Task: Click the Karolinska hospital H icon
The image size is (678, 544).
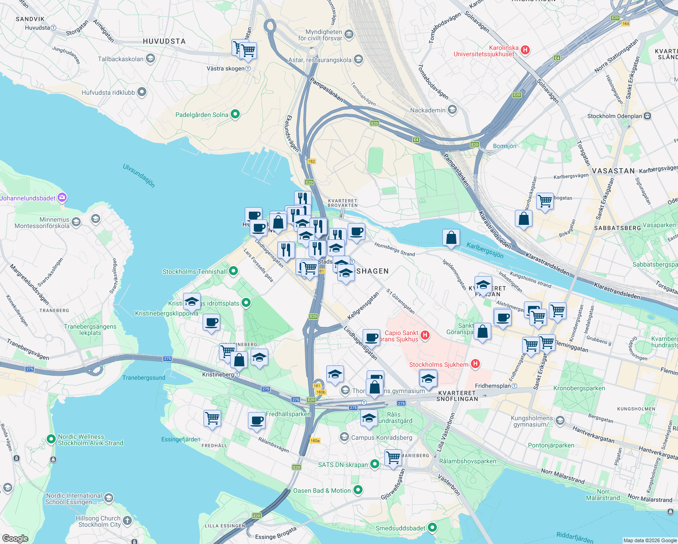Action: [525, 50]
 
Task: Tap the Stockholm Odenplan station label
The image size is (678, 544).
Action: [615, 116]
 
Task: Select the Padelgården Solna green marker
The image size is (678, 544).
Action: [235, 115]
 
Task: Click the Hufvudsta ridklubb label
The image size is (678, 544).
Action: [108, 92]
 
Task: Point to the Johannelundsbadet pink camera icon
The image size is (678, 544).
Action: [62, 198]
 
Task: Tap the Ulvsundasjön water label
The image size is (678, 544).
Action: [139, 175]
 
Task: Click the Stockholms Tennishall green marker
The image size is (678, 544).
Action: [233, 272]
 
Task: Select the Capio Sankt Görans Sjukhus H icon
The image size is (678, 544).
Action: [425, 335]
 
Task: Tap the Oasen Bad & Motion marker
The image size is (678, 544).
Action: [358, 490]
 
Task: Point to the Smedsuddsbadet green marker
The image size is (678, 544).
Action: [432, 528]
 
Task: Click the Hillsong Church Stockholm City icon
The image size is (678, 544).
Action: [127, 520]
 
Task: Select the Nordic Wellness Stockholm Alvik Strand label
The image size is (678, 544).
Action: [90, 440]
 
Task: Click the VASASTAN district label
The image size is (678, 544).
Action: [613, 171]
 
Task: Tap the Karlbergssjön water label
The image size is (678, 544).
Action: [485, 250]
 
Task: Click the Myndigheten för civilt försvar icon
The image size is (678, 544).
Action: [349, 34]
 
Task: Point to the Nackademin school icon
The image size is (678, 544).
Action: [452, 110]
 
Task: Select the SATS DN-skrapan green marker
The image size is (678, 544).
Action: [374, 464]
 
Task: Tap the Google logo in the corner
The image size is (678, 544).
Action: [15, 539]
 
